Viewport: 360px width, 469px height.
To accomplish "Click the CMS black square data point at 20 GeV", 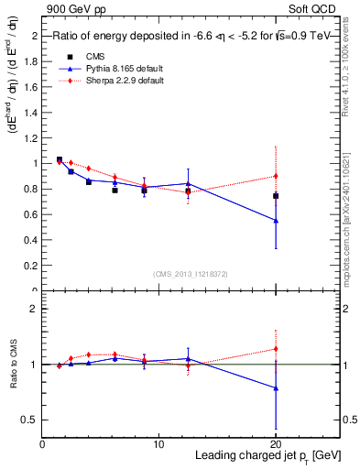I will tap(276, 196).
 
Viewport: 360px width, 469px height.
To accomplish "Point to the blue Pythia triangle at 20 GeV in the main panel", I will tap(276, 221).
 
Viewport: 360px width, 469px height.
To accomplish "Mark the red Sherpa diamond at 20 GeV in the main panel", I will tap(276, 176).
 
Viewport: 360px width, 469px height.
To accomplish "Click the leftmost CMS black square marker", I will tap(60, 159).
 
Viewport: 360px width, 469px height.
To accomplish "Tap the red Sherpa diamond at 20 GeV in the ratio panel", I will tap(276, 349).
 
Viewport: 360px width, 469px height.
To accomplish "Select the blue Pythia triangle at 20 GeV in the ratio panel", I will tap(276, 388).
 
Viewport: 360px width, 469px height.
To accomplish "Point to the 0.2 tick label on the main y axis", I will tap(31, 266).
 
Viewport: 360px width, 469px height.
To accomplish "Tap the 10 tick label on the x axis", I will tap(158, 443).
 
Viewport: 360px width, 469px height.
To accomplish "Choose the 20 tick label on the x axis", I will tap(275, 443).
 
